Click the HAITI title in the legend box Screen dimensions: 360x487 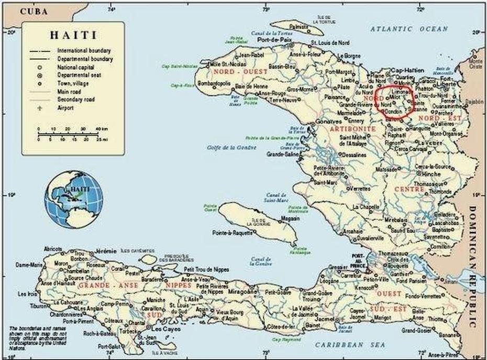click(x=73, y=36)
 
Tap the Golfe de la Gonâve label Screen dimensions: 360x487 click(x=231, y=147)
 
